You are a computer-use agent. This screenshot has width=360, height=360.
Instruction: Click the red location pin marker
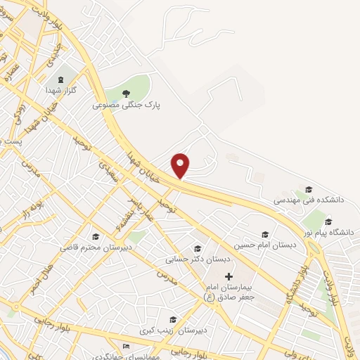click(181, 165)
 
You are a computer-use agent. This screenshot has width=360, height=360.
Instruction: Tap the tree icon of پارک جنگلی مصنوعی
click(127, 93)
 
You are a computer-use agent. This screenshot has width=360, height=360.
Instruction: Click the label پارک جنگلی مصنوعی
click(127, 105)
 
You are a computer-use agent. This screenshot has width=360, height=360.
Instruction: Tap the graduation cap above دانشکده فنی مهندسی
click(308, 188)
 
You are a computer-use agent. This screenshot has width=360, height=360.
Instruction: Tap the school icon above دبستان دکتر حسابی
click(198, 248)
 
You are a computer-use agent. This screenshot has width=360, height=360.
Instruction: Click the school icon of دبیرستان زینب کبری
click(172, 320)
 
